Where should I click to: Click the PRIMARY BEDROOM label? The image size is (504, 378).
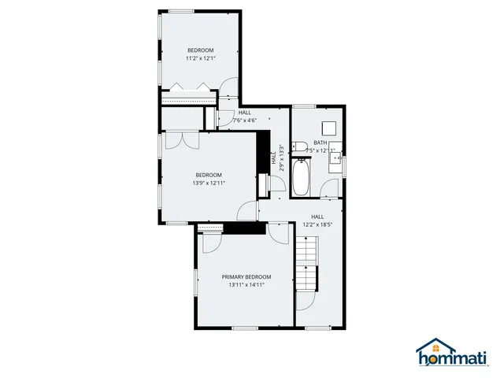[x=246, y=277]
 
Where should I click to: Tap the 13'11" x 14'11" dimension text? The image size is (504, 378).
[x=246, y=285]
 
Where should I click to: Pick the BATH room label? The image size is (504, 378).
[x=320, y=143]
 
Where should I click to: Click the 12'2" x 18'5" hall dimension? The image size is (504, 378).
[x=317, y=224]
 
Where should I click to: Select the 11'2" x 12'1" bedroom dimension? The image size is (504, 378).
[x=200, y=57]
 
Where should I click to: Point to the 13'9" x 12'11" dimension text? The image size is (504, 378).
[x=209, y=183]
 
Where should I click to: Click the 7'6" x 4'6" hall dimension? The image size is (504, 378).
[x=245, y=120]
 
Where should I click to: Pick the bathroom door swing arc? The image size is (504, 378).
[x=331, y=188]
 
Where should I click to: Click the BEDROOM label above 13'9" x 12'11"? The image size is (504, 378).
[x=209, y=175]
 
